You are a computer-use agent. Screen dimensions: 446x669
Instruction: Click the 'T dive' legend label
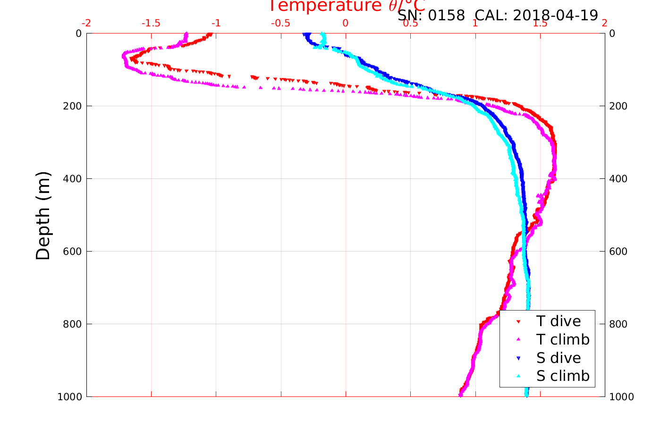point(559,321)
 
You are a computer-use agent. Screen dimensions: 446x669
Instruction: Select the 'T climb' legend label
point(563,339)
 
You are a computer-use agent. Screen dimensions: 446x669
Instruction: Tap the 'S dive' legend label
point(559,358)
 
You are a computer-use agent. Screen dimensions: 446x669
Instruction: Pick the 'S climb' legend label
point(563,376)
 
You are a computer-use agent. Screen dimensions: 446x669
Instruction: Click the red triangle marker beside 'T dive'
point(518,322)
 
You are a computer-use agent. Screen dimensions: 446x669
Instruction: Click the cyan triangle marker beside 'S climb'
point(518,376)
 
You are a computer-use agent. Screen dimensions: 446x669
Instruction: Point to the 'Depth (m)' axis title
point(43,216)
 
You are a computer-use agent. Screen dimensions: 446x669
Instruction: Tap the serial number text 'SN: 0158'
point(431,16)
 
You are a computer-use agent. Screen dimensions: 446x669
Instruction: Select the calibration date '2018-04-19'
point(555,16)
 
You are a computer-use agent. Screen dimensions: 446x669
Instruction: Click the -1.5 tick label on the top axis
point(152,24)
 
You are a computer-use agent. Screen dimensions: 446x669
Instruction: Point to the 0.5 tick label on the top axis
point(410,24)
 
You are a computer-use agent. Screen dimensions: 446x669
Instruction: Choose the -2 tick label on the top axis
point(86,24)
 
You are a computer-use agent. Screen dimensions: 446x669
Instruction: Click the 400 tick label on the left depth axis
point(72,178)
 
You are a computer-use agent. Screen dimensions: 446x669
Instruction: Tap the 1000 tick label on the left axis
point(69,397)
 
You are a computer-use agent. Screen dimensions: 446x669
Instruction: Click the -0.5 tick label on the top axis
point(281,24)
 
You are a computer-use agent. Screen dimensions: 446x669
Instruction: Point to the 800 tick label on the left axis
point(72,324)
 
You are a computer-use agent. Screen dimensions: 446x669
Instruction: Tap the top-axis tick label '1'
point(475,24)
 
